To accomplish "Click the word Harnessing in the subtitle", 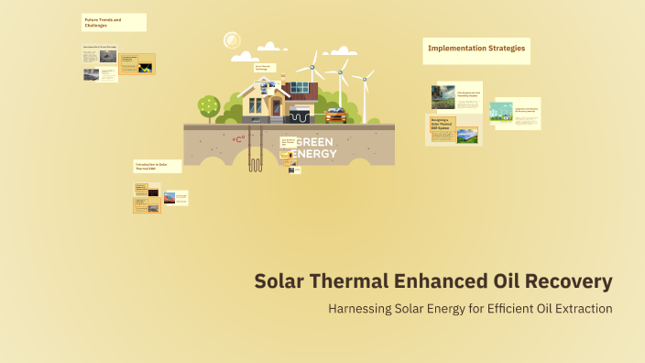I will [x=360, y=308].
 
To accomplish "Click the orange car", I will [x=335, y=115].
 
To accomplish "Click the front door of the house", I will [x=276, y=107].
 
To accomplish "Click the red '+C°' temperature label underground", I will [x=239, y=139].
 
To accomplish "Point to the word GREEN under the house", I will [x=314, y=142].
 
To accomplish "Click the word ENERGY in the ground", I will [x=314, y=153].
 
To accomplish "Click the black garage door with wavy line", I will [x=301, y=116].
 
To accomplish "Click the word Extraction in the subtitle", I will [x=579, y=308].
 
